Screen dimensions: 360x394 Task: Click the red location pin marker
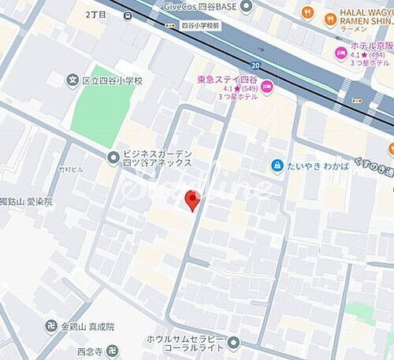pyautogui.click(x=191, y=200)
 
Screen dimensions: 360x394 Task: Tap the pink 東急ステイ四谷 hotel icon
pyautogui.click(x=266, y=87)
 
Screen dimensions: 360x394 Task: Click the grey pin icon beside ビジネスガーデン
pyautogui.click(x=113, y=158)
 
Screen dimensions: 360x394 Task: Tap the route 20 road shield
pyautogui.click(x=255, y=65)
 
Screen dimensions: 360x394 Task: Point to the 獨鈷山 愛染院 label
pyautogui.click(x=26, y=202)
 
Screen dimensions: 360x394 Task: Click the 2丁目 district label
pyautogui.click(x=99, y=14)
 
